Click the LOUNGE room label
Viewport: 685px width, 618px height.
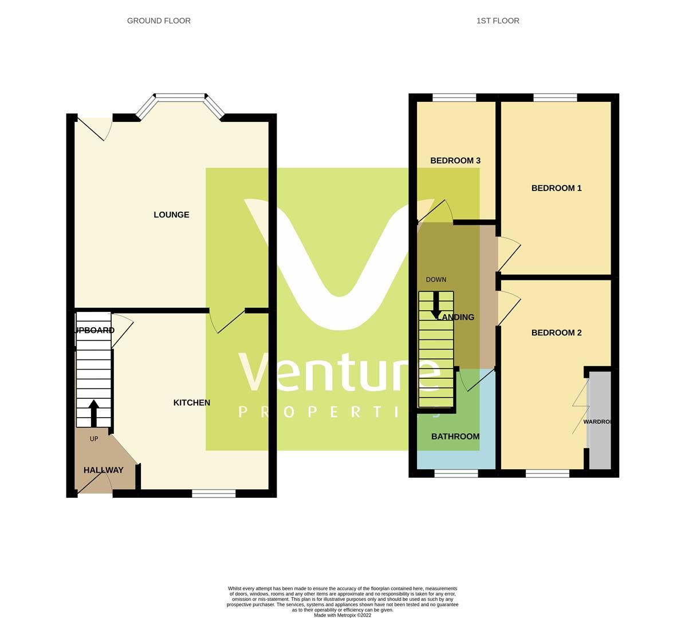pyautogui.click(x=171, y=215)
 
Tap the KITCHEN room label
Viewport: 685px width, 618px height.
pyautogui.click(x=192, y=403)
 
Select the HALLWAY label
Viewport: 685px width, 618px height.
pyautogui.click(x=104, y=470)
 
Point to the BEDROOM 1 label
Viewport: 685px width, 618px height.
pyautogui.click(x=556, y=188)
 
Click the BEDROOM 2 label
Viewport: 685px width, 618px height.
pyautogui.click(x=556, y=333)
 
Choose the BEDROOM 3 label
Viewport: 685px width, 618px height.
pyautogui.click(x=455, y=161)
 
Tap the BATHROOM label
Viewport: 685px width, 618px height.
pyautogui.click(x=455, y=437)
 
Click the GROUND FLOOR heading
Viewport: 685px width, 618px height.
pyautogui.click(x=159, y=21)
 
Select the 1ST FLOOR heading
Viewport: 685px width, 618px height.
pyautogui.click(x=498, y=21)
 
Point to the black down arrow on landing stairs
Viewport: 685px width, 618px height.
pyautogui.click(x=436, y=306)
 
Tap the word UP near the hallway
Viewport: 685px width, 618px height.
pyautogui.click(x=94, y=439)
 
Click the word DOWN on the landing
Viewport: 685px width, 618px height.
pyautogui.click(x=436, y=280)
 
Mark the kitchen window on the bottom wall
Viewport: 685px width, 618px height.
pyautogui.click(x=214, y=493)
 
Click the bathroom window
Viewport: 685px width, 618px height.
pyautogui.click(x=456, y=473)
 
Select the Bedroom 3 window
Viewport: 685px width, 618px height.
pyautogui.click(x=454, y=98)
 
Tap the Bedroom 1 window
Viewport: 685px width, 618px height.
pyautogui.click(x=555, y=98)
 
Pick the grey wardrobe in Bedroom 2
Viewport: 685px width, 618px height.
pyautogui.click(x=600, y=421)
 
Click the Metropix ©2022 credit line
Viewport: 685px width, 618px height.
pyautogui.click(x=342, y=615)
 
